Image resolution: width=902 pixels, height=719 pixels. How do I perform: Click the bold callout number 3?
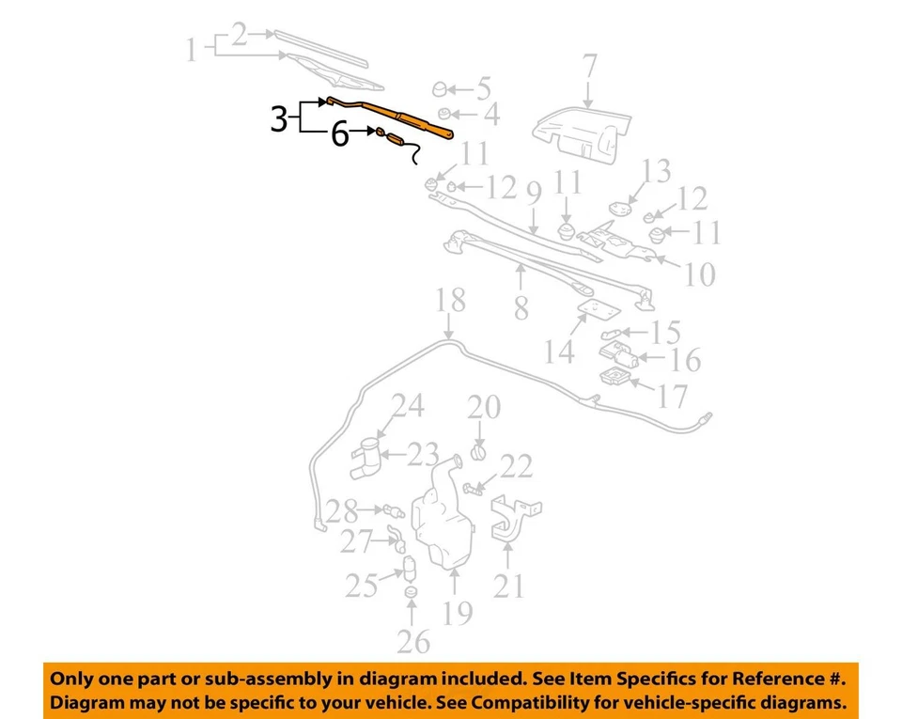point(279,119)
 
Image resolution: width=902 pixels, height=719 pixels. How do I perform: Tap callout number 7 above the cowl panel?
point(589,67)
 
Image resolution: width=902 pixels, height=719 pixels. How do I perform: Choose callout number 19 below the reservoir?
point(457,613)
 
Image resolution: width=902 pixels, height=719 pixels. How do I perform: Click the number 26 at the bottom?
point(413,642)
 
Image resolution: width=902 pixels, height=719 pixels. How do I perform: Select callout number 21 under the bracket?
point(508,586)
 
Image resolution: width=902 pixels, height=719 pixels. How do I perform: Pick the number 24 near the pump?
point(408,406)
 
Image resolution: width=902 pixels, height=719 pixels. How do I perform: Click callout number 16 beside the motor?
point(686,360)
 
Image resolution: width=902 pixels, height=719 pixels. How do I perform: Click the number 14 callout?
point(559,352)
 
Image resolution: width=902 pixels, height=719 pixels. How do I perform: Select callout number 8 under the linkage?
point(521,307)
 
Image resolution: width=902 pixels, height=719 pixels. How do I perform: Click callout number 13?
point(657,172)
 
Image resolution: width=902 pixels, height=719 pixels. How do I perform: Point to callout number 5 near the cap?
point(483,90)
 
